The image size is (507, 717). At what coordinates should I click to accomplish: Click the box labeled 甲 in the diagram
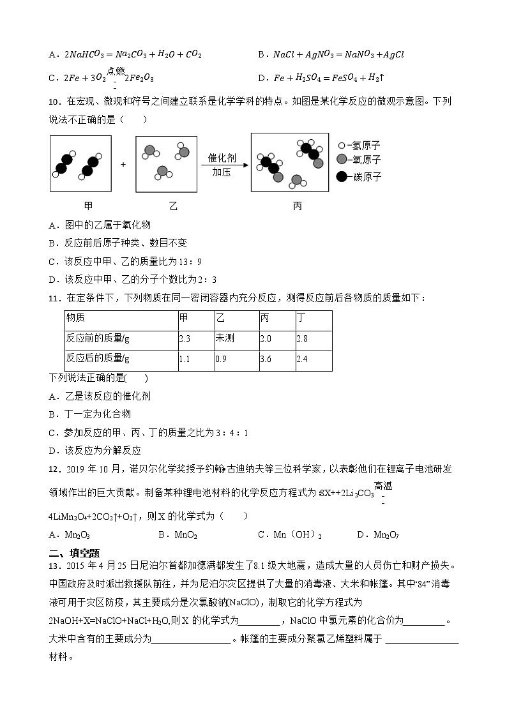(x=80, y=163)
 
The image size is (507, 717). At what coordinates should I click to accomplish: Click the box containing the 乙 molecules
(x=165, y=163)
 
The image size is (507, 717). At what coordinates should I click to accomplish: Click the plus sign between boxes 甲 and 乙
(x=123, y=164)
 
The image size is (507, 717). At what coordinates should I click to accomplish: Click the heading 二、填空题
(x=74, y=553)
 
